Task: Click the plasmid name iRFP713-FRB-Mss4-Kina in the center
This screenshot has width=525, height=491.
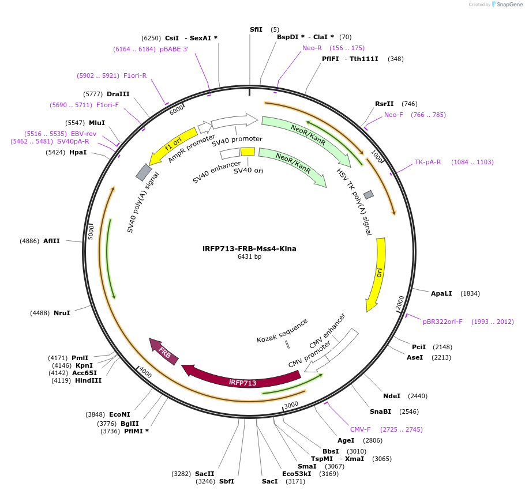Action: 249,249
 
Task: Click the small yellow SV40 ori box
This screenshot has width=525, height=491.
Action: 247,152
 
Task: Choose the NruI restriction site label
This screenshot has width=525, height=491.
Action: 62,313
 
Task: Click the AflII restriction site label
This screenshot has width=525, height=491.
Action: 51,241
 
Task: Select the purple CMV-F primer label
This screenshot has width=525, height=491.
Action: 361,429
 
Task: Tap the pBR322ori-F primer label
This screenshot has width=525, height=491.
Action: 442,322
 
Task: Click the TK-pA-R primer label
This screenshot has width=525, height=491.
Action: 427,162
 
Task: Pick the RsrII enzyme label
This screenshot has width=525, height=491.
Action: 384,104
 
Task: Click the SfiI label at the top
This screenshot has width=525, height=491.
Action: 256,29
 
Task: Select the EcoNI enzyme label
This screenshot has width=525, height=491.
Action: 119,414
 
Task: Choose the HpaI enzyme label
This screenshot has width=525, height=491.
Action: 78,153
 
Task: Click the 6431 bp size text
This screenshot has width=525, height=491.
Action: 249,257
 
